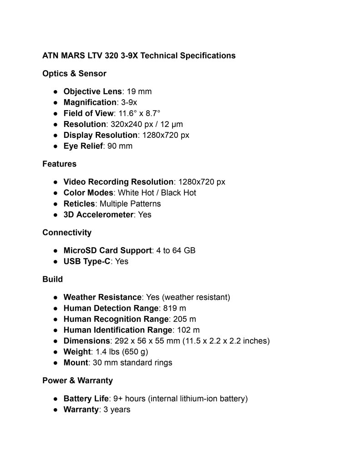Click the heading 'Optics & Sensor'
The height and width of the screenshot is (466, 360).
(x=74, y=73)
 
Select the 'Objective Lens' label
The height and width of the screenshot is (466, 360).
(x=92, y=91)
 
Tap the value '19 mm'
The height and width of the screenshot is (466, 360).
(x=139, y=91)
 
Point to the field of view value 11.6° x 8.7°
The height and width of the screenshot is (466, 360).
(x=139, y=113)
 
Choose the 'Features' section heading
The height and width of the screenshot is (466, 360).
(x=59, y=164)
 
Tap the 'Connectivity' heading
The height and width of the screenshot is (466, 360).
(x=66, y=233)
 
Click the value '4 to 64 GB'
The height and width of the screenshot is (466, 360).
(x=176, y=251)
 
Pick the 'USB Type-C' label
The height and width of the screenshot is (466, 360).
(x=86, y=262)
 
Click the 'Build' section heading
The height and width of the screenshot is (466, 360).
(x=52, y=279)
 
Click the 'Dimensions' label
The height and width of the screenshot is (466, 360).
(x=86, y=341)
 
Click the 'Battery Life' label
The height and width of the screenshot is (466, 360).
(x=86, y=399)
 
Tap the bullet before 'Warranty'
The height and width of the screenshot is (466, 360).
(x=55, y=410)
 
